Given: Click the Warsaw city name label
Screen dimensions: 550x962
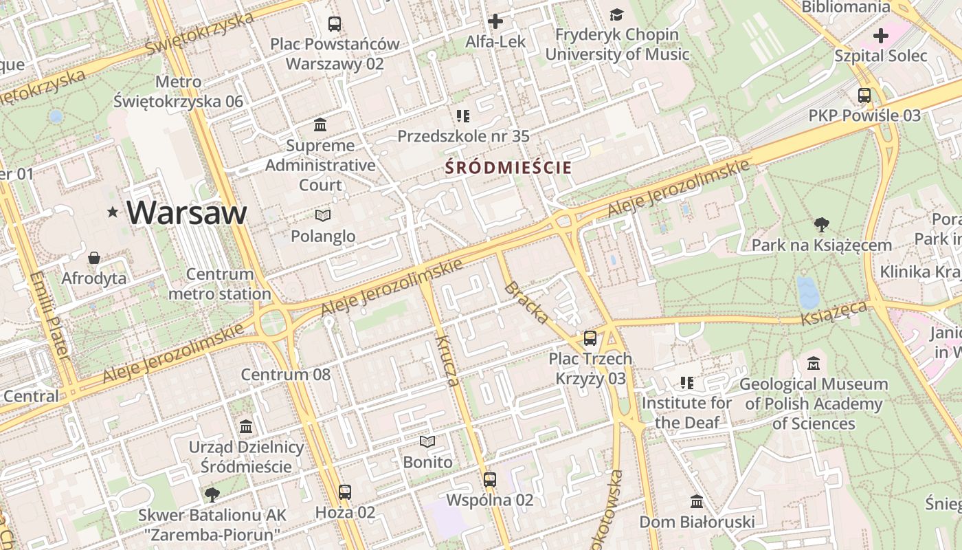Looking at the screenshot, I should [186, 212].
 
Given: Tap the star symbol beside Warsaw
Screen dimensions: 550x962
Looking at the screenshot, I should [113, 212].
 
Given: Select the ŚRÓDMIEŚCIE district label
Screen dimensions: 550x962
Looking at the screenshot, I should [508, 167].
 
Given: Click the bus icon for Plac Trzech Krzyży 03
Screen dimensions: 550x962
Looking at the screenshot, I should [590, 338].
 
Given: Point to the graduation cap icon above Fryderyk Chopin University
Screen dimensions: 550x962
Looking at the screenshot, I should [616, 14].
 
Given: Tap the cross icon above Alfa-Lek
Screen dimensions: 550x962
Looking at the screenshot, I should [495, 21].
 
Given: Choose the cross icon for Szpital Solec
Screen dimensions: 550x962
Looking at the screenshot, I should [880, 36].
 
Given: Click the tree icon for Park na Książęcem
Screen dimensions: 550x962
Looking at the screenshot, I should [821, 225].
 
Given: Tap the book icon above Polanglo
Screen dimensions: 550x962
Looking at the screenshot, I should [322, 216].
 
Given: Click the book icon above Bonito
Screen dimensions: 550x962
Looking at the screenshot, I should [427, 441].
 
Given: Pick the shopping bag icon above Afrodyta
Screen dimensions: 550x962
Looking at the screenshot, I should [94, 258].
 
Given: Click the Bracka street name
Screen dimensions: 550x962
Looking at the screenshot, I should [526, 302].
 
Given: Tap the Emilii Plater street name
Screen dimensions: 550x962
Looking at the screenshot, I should [49, 316].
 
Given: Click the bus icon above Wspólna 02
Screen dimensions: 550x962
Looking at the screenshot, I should [489, 480].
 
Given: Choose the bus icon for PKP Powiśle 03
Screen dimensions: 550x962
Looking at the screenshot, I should [864, 96].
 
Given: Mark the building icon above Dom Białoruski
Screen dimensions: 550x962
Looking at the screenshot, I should [697, 502].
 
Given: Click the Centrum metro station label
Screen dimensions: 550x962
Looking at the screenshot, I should [220, 284].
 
